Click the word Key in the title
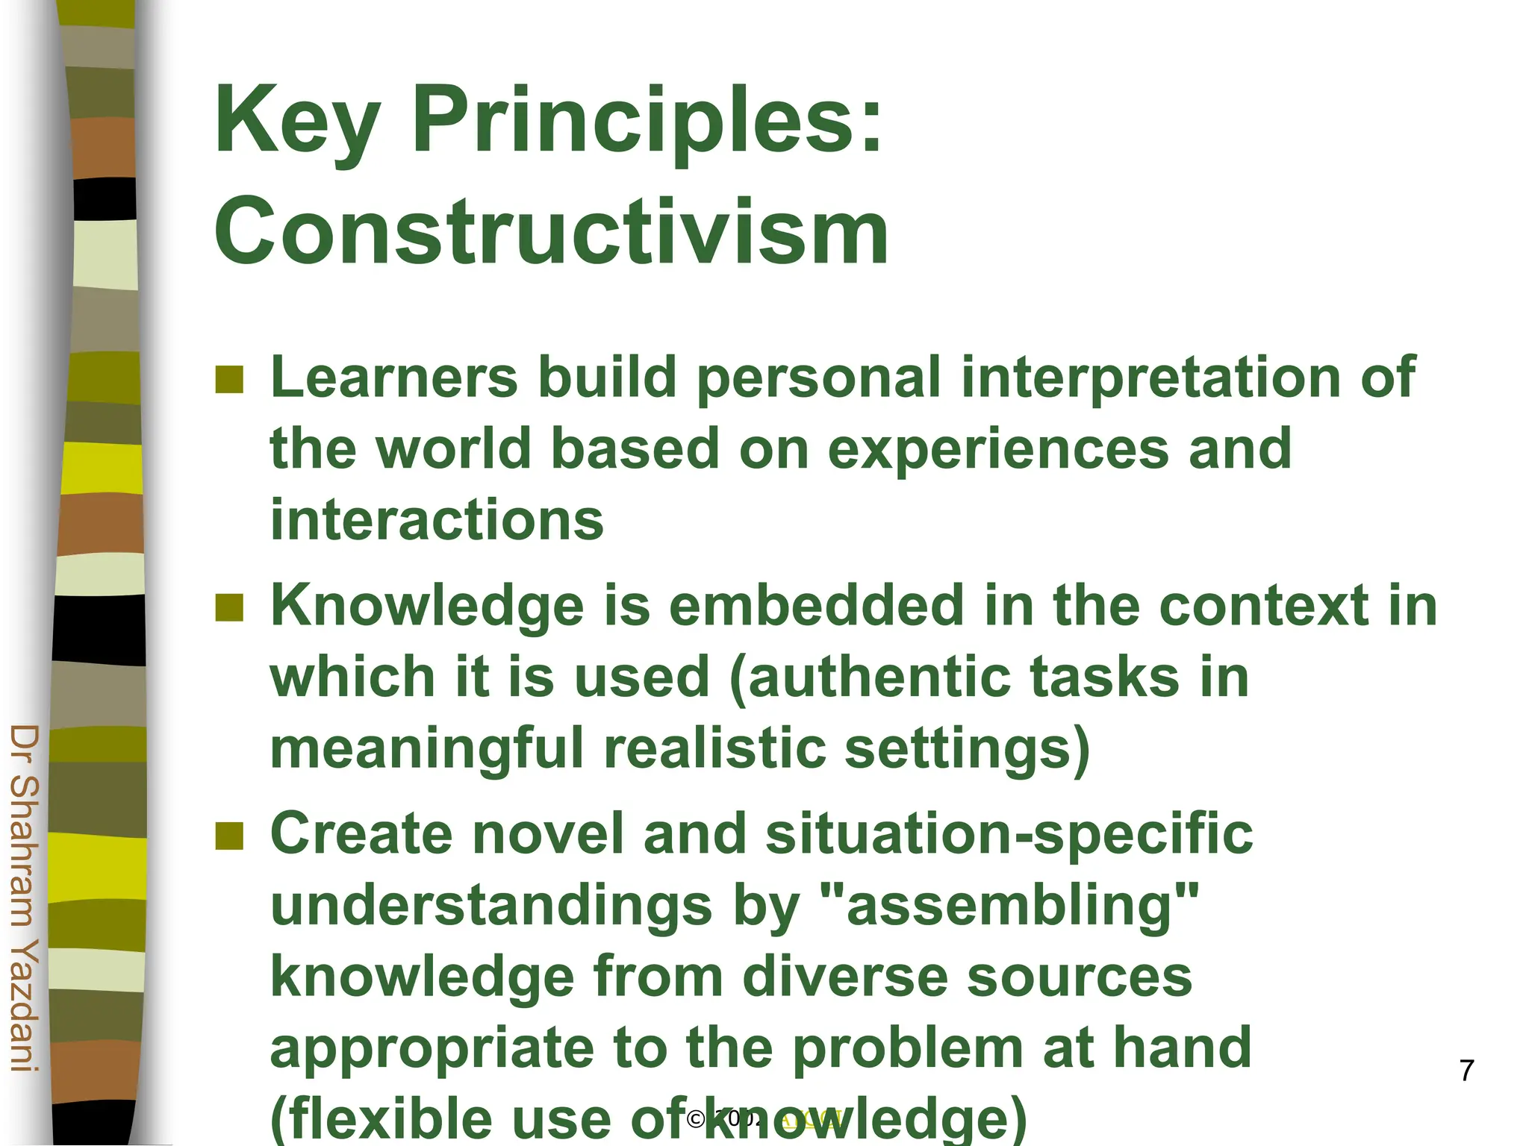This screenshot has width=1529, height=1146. point(298,121)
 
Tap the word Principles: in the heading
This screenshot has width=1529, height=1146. point(647,121)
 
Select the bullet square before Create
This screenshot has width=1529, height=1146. point(229,836)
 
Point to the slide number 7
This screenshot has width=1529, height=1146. point(1466,1071)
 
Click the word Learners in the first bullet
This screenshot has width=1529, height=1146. point(393,377)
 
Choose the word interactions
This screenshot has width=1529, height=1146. point(437,520)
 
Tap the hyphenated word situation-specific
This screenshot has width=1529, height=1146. point(1009,833)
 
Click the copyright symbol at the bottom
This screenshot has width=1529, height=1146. point(696,1118)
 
